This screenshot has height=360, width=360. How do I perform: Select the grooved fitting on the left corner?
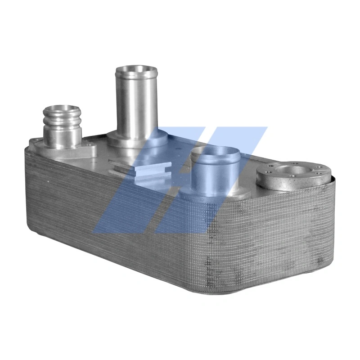click(63, 124)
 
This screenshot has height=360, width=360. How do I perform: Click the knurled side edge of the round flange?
click(288, 184)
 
